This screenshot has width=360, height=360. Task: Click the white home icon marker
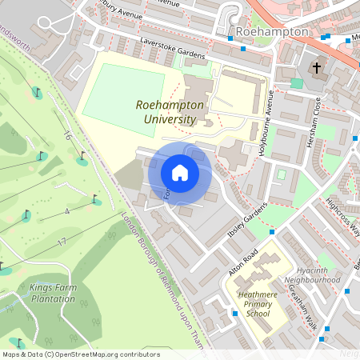click(x=180, y=173)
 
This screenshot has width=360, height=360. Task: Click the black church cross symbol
click(x=317, y=67)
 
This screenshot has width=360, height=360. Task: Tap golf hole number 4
click(x=67, y=211)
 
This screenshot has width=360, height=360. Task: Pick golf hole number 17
click(x=61, y=241)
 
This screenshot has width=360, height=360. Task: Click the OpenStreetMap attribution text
click(x=80, y=354)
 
